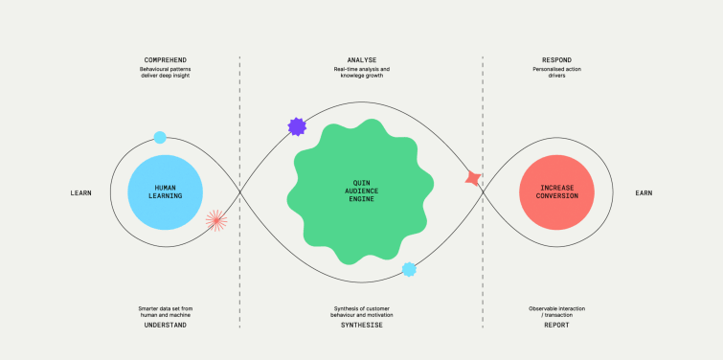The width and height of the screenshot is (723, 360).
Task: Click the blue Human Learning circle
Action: click(x=165, y=192)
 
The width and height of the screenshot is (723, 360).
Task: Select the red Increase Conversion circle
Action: click(x=555, y=192)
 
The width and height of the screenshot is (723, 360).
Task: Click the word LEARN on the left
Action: click(x=80, y=193)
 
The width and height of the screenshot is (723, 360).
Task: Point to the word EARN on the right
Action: click(x=644, y=193)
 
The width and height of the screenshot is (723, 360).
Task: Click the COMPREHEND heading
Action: click(x=164, y=59)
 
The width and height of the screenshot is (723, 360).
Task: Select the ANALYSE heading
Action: click(x=361, y=59)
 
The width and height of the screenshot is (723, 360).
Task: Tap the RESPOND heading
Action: click(x=556, y=59)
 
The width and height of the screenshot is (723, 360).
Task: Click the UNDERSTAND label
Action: click(x=164, y=326)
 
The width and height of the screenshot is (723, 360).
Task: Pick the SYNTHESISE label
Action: click(x=361, y=326)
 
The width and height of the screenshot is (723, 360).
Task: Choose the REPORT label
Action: click(x=556, y=326)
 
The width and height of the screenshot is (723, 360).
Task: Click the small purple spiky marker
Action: click(x=297, y=126)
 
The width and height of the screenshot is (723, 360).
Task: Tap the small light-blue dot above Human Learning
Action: click(x=160, y=138)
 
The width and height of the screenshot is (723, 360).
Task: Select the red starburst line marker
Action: click(x=216, y=221)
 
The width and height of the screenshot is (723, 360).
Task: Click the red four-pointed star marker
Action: click(x=472, y=178)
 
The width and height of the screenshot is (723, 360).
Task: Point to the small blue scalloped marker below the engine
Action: click(x=409, y=269)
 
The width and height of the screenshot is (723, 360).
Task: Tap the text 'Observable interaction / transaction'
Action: click(x=556, y=311)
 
